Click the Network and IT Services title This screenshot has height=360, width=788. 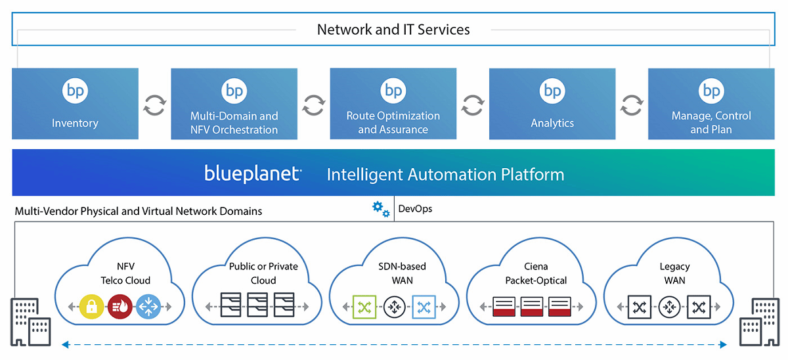(x=393, y=30)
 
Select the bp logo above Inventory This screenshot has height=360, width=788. (x=75, y=91)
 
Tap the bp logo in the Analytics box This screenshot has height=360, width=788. (x=552, y=91)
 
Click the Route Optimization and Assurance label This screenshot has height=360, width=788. (x=393, y=123)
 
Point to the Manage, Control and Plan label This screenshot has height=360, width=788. (x=711, y=123)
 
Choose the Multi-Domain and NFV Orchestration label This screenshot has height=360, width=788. (x=234, y=123)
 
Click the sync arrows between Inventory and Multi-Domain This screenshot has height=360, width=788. (x=154, y=105)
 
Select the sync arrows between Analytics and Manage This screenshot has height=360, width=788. (x=632, y=105)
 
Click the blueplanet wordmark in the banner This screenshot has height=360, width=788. (x=252, y=174)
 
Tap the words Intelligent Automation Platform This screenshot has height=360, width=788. (x=445, y=175)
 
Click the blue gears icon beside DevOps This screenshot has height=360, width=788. (x=380, y=210)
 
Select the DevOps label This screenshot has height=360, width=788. (x=415, y=210)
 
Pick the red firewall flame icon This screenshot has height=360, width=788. (x=120, y=306)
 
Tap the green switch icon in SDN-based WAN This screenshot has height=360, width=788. (x=363, y=306)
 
